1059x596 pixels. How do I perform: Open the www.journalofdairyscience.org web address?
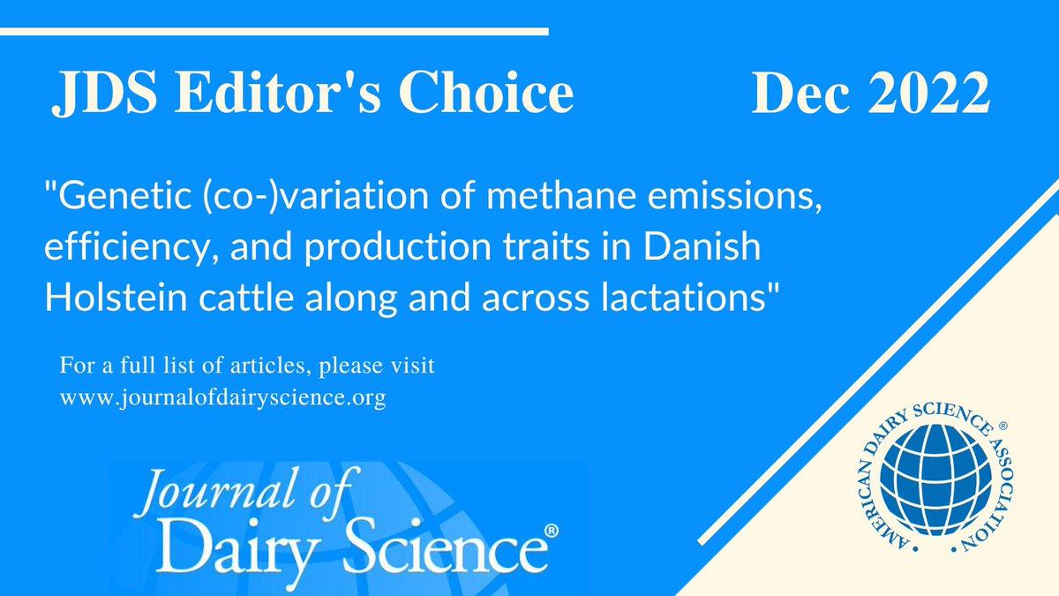(x=223, y=397)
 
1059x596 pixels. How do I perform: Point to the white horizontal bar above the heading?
(x=274, y=32)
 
